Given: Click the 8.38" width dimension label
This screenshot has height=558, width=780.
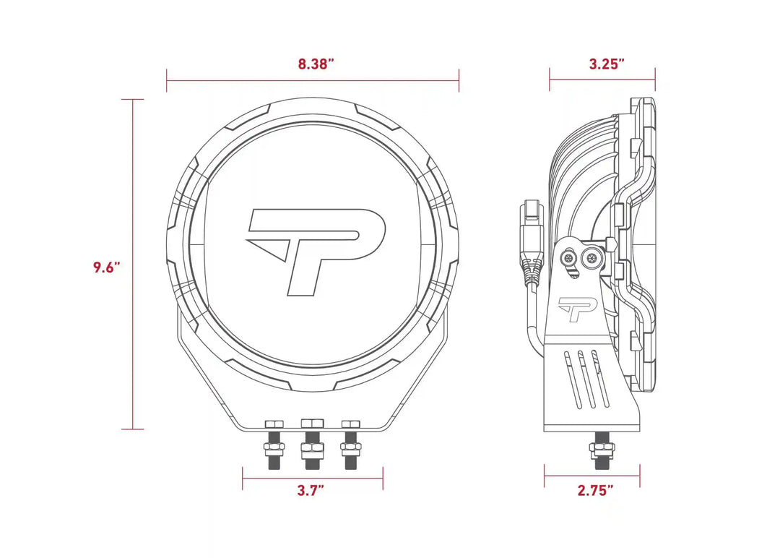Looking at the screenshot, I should (x=316, y=64).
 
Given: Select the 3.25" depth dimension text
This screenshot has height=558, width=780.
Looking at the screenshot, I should (x=606, y=64).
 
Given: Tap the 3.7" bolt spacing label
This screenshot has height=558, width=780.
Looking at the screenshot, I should (x=311, y=491).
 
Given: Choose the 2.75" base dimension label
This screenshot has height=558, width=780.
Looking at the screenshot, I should (x=595, y=491).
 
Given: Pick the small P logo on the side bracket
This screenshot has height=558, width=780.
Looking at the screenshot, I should (x=576, y=309).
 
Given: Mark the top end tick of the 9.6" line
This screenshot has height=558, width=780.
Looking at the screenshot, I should (x=132, y=100).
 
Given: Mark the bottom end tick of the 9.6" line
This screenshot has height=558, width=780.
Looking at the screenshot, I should (x=132, y=429).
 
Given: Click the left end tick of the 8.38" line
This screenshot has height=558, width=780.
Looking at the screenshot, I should (x=167, y=80).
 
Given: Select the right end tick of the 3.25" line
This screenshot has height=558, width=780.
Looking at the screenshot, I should (x=655, y=80).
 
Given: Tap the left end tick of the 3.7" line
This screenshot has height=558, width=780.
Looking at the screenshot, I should (x=243, y=478).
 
